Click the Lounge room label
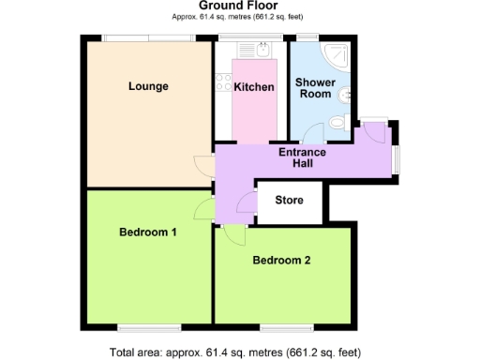[148, 87]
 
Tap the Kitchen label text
[254, 87]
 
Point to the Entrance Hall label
[302, 157]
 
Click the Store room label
[290, 199]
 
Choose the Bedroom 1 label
[148, 232]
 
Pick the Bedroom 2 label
[281, 261]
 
